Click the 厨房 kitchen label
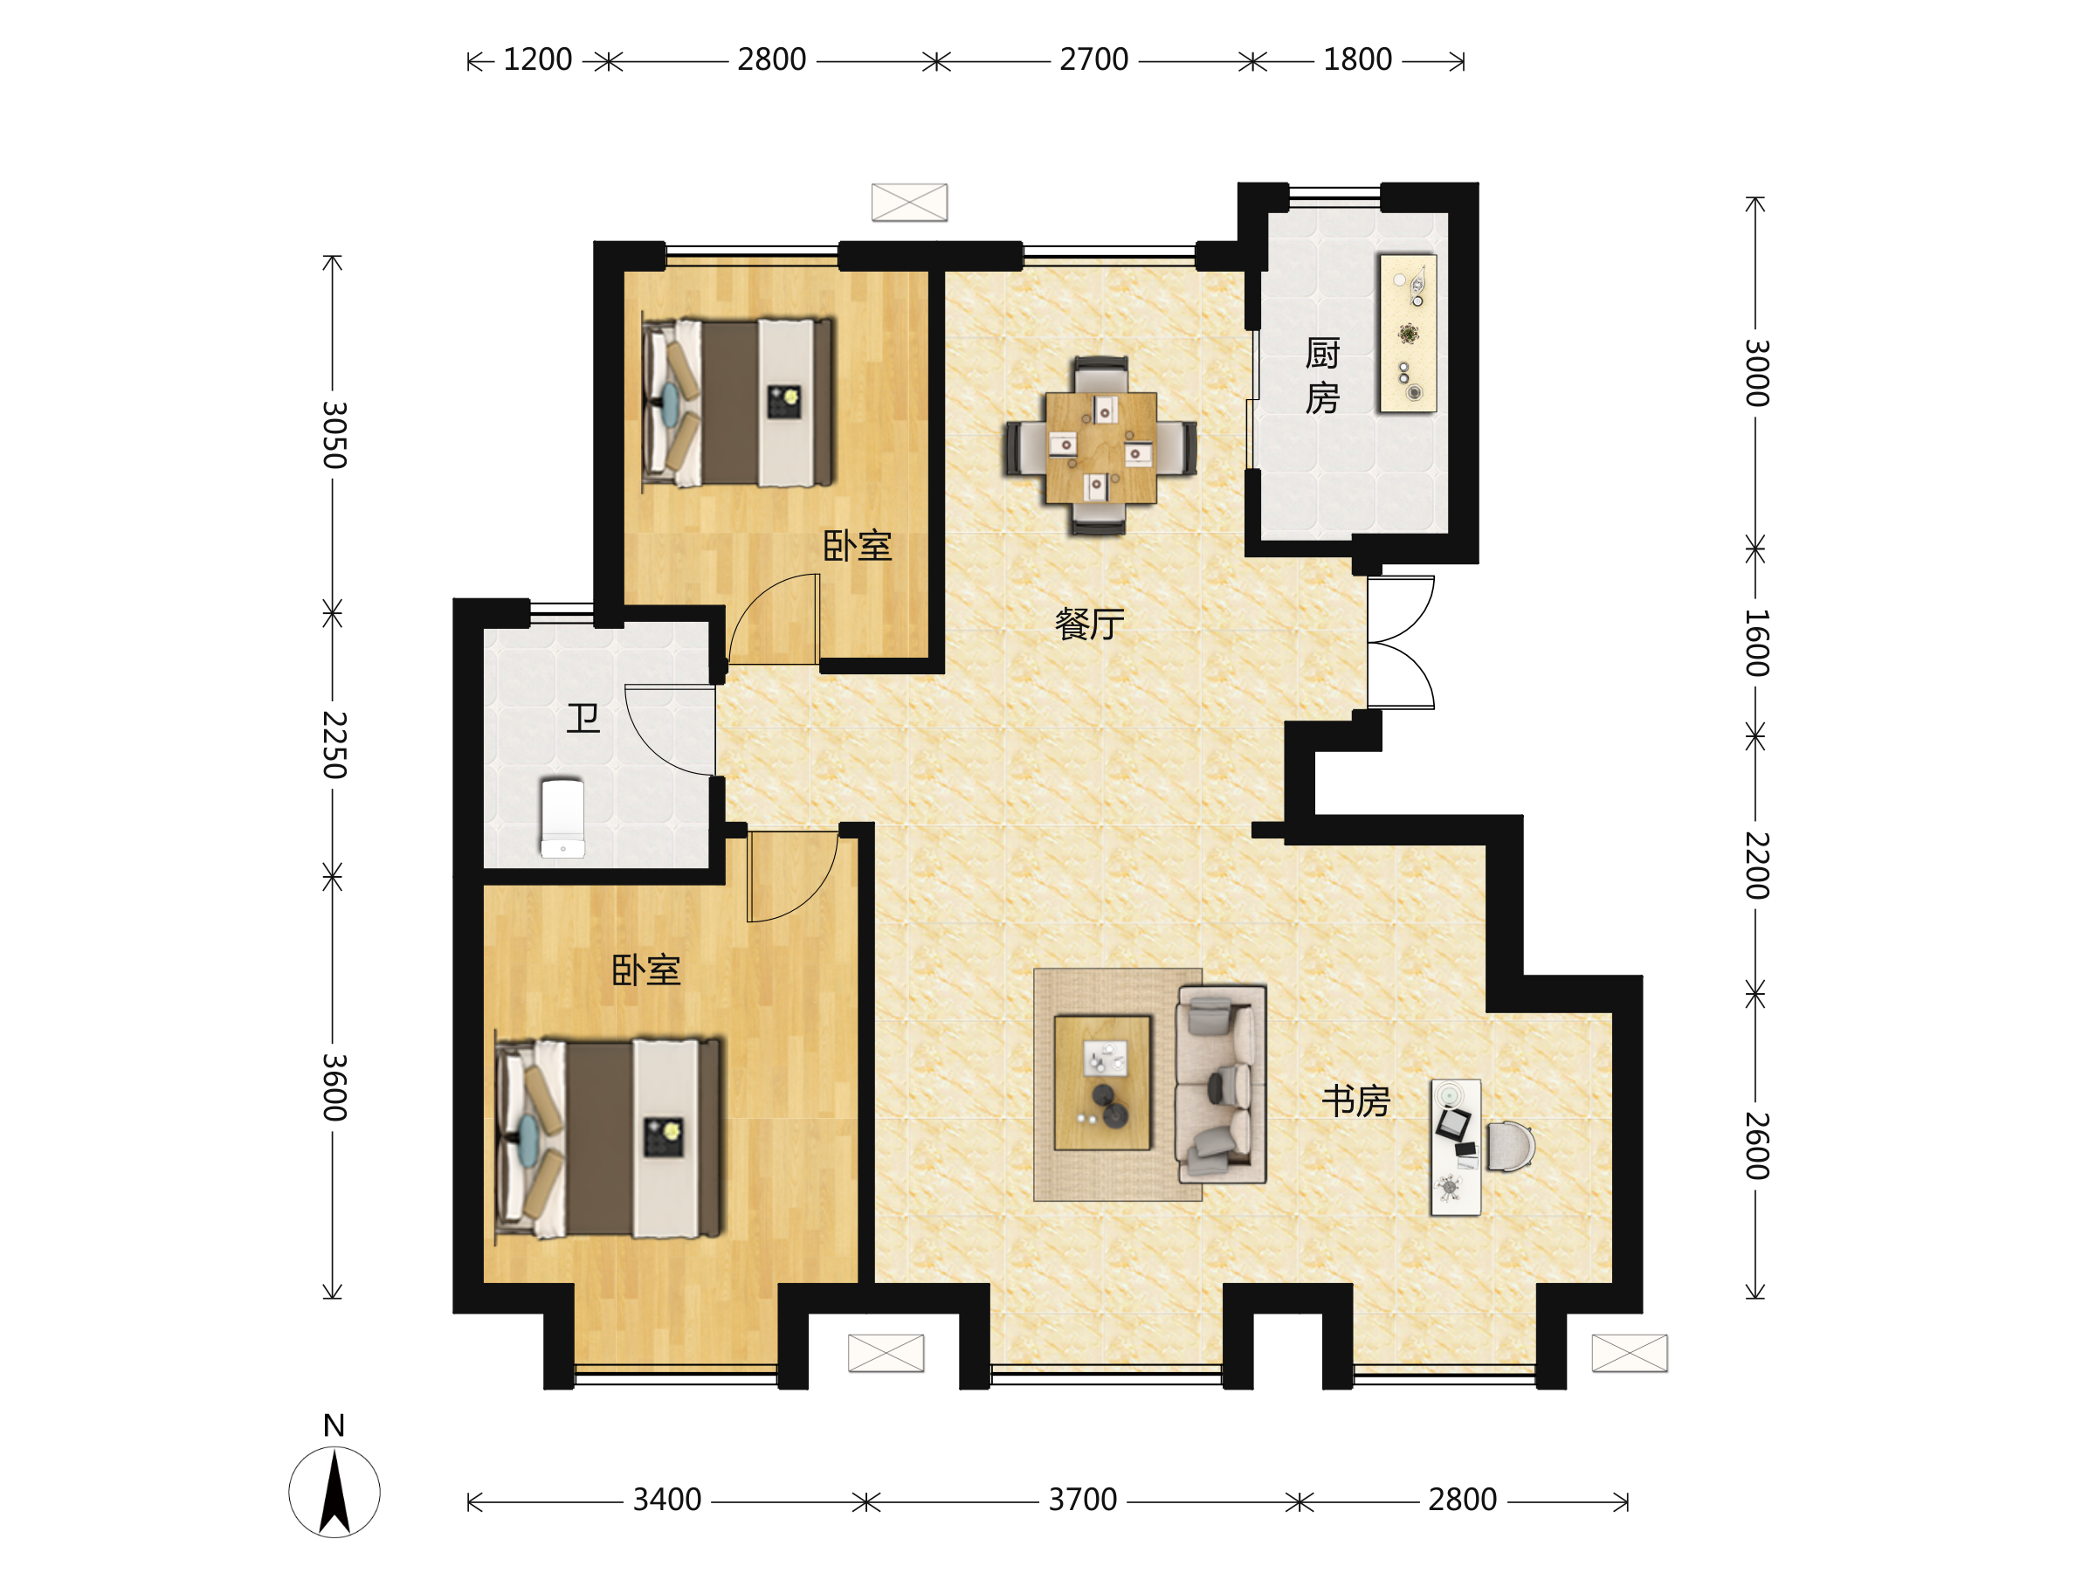(1322, 376)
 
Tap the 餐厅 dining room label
(1089, 624)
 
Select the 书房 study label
(1356, 1100)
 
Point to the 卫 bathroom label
(583, 719)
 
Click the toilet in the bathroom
(562, 818)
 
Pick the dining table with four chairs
(1100, 446)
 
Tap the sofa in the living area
(1220, 1083)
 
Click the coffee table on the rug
(1102, 1082)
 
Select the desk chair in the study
(1509, 1146)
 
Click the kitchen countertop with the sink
(1407, 334)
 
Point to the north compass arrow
(334, 1492)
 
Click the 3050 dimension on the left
(334, 435)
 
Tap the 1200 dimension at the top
(537, 59)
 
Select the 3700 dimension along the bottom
(1083, 1500)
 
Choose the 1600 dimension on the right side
(1755, 643)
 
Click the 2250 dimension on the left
(334, 745)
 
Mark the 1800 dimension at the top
(1357, 59)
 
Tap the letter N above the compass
(334, 1425)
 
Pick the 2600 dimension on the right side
(1755, 1146)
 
